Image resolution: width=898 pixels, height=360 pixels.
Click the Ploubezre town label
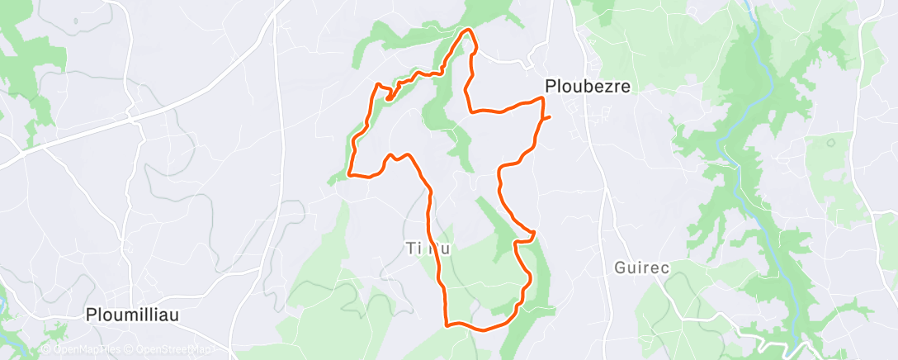588,85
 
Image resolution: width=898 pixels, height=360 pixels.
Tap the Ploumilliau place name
133,314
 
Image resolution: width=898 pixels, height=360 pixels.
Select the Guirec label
640,268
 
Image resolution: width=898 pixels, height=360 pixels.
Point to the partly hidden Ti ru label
428,248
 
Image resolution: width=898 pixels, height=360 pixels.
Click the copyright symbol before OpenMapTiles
47,350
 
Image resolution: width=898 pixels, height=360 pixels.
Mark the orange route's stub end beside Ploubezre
550,117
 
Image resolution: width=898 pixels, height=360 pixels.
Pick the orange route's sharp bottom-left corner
447,324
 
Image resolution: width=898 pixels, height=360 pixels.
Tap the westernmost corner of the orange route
350,174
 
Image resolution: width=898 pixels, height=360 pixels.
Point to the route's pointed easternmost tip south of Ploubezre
535,232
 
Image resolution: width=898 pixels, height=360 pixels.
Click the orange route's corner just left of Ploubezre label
542,98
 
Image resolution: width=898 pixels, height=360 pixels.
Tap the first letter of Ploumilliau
92,314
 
